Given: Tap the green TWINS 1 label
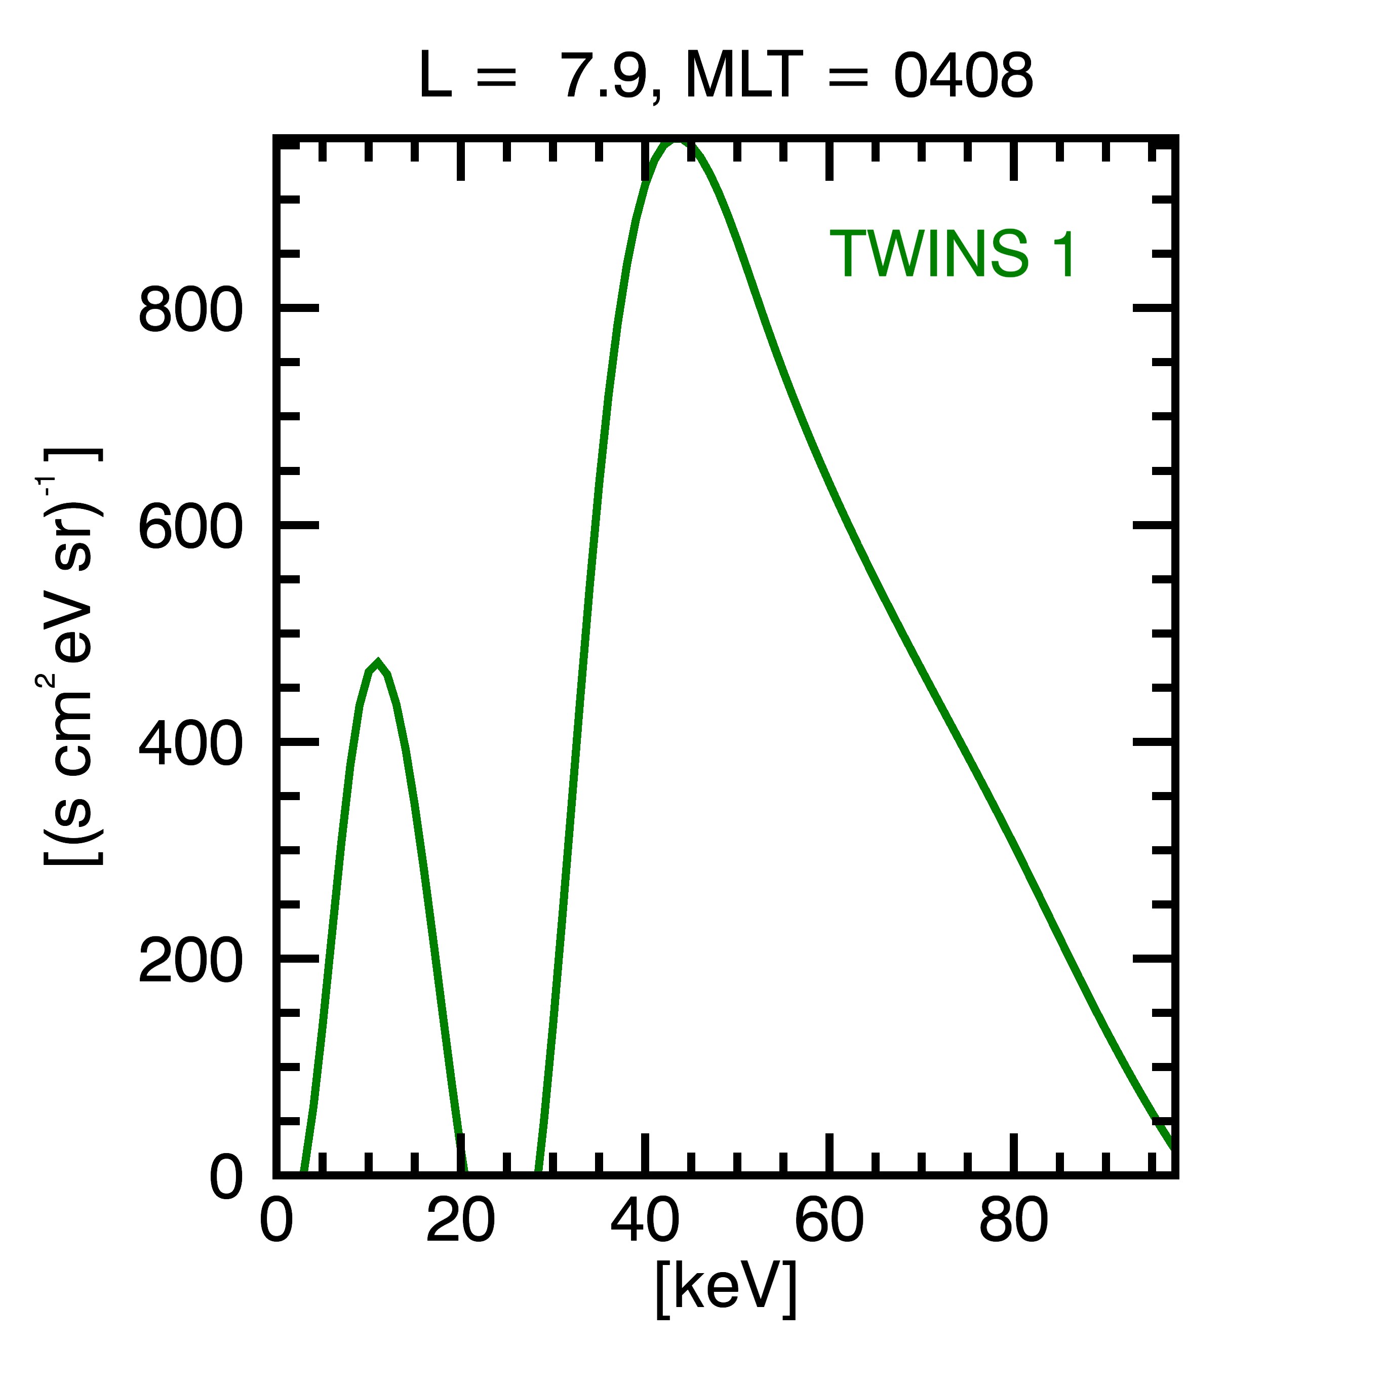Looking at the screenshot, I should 953,254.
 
